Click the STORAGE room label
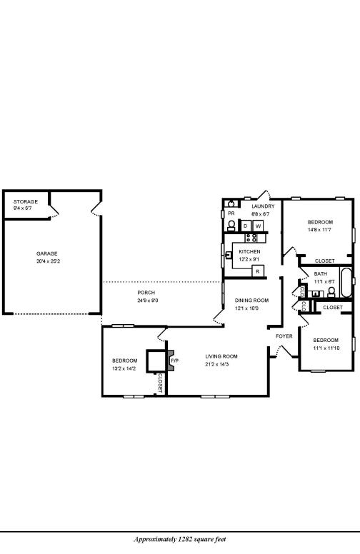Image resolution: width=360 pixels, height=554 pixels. pyautogui.click(x=25, y=201)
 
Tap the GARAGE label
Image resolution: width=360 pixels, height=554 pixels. pyautogui.click(x=47, y=253)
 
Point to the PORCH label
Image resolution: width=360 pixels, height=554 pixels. pyautogui.click(x=146, y=293)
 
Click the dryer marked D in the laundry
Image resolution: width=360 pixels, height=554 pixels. pyautogui.click(x=246, y=226)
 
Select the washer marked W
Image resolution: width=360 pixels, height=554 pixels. pyautogui.click(x=258, y=226)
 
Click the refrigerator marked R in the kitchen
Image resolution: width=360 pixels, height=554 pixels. pyautogui.click(x=257, y=271)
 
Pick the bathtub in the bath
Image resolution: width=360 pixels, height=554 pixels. pyautogui.click(x=346, y=283)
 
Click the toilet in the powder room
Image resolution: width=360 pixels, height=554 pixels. pyautogui.click(x=231, y=225)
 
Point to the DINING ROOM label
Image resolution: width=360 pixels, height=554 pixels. pyautogui.click(x=251, y=300)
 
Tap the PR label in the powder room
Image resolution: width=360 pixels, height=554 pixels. pyautogui.click(x=231, y=213)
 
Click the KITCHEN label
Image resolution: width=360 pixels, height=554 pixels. pyautogui.click(x=249, y=251)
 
